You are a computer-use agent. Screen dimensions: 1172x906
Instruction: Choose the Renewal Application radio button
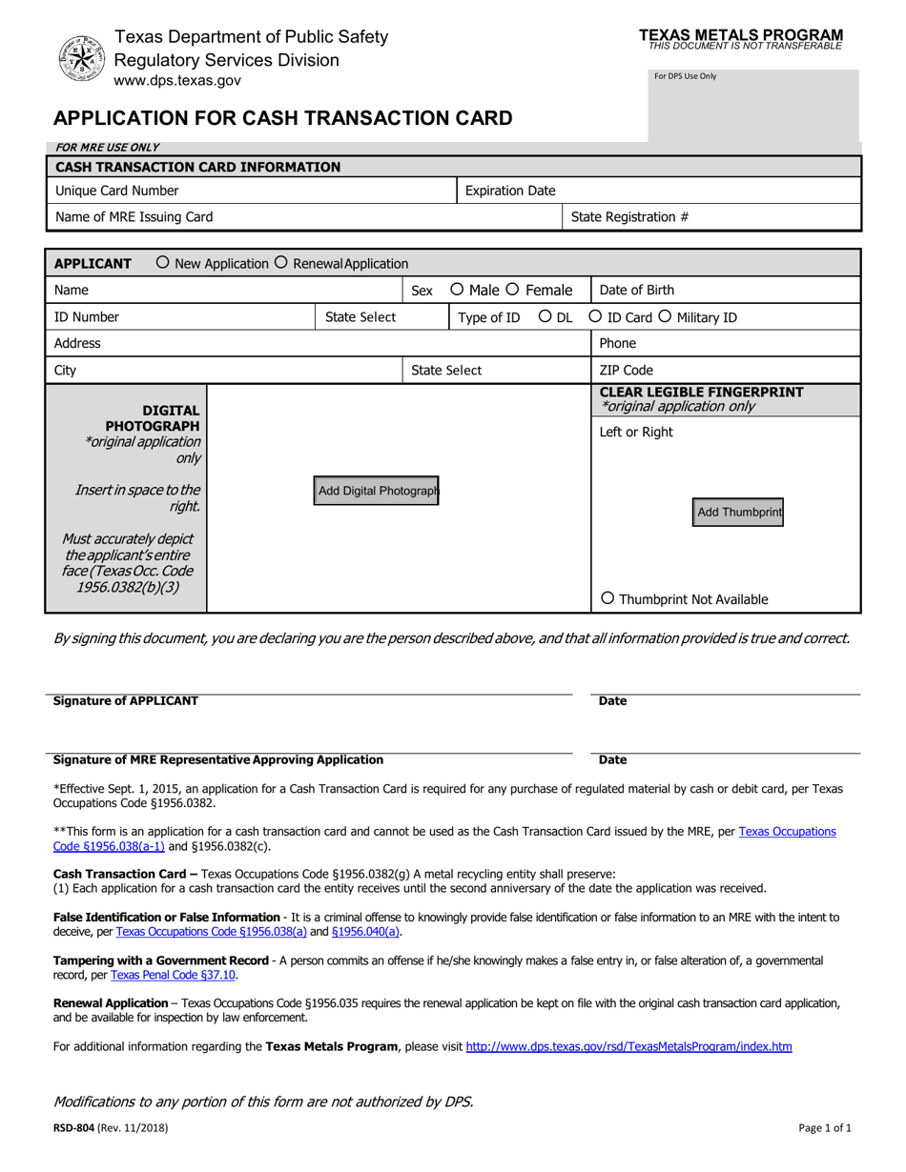click(x=281, y=263)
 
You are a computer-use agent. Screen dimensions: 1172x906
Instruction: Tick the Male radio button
click(x=457, y=290)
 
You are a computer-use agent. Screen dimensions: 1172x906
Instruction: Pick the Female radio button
click(x=512, y=290)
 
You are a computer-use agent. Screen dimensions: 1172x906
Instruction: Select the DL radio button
click(x=546, y=317)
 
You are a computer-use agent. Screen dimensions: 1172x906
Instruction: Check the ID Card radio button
click(x=596, y=317)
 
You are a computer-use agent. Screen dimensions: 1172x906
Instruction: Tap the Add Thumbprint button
click(x=739, y=513)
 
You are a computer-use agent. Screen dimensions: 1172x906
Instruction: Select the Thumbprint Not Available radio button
click(x=608, y=598)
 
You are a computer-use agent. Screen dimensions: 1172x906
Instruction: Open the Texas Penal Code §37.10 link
click(x=174, y=975)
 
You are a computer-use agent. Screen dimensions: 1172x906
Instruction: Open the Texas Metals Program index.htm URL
click(x=628, y=1046)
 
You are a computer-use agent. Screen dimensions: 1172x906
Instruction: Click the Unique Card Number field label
click(x=117, y=191)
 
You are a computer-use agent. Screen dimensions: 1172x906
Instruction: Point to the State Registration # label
click(x=629, y=217)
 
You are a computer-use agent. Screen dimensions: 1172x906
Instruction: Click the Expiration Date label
click(x=510, y=191)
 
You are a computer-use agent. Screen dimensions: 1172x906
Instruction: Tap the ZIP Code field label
click(x=626, y=371)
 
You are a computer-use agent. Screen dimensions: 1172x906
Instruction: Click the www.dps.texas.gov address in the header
click(x=177, y=81)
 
